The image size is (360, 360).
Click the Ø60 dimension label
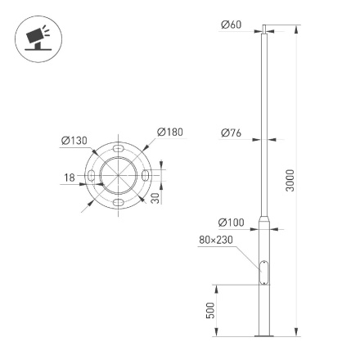pyautogui.click(x=231, y=25)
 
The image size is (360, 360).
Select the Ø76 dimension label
pyautogui.click(x=231, y=133)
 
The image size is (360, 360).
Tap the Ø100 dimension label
pyautogui.click(x=231, y=223)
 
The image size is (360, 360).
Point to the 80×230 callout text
pyautogui.click(x=216, y=241)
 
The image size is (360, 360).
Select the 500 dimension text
pyautogui.click(x=210, y=310)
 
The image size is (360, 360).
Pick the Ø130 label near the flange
pyautogui.click(x=74, y=141)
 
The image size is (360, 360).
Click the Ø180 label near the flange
pyautogui.click(x=169, y=132)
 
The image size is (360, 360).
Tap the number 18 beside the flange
pyautogui.click(x=70, y=177)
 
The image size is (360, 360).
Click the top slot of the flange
pyautogui.click(x=119, y=151)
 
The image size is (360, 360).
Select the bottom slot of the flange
pyautogui.click(x=119, y=202)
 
